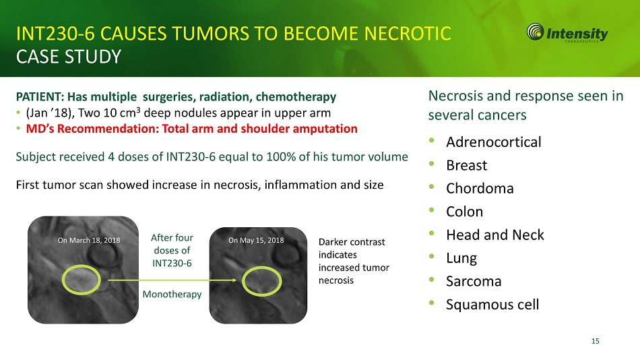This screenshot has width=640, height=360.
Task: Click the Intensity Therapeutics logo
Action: [567, 32]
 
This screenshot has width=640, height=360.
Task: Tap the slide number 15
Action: [595, 341]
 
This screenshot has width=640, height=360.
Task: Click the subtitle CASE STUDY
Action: [69, 57]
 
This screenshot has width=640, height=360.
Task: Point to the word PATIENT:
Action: [40, 97]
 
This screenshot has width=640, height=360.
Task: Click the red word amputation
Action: [325, 129]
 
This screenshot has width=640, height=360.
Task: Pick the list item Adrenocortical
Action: [493, 142]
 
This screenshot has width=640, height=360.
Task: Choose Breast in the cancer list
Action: [467, 165]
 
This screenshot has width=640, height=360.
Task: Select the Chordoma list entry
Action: [480, 188]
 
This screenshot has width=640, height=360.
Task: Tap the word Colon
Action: [464, 212]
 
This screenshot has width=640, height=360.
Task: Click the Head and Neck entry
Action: [494, 235]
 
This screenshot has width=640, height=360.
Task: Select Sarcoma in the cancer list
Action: [474, 282]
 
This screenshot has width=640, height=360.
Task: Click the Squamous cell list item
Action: [492, 305]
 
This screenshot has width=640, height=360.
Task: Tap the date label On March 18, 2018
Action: [89, 240]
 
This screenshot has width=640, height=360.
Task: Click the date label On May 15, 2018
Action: [256, 240]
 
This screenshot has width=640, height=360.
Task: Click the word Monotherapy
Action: [172, 295]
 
